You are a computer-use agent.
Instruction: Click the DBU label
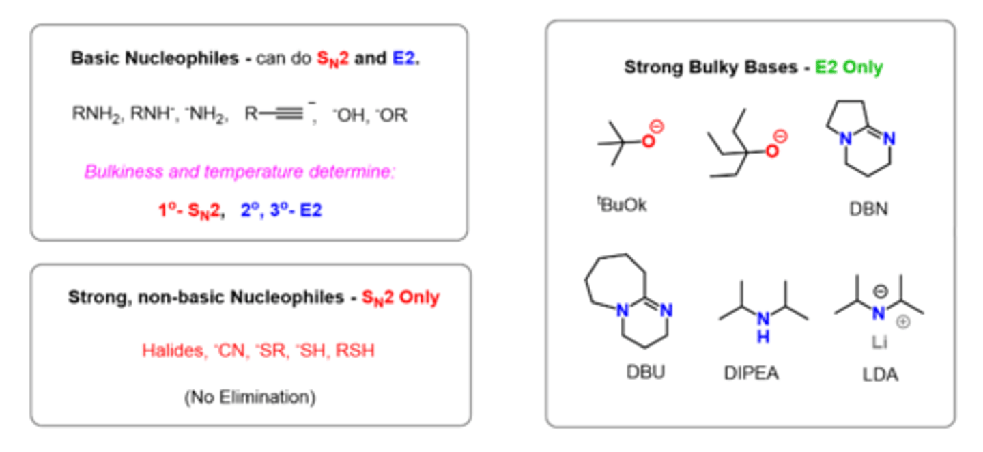click(645, 372)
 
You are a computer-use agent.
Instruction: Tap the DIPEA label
click(751, 373)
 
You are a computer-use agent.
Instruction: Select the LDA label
click(880, 374)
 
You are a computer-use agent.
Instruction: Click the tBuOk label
click(622, 204)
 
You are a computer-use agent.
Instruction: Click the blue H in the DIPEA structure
click(765, 337)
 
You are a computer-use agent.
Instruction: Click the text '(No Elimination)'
click(250, 397)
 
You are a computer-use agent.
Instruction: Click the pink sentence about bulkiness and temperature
click(240, 172)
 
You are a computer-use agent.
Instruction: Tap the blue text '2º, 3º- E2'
click(281, 210)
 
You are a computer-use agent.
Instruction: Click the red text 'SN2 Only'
click(401, 298)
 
